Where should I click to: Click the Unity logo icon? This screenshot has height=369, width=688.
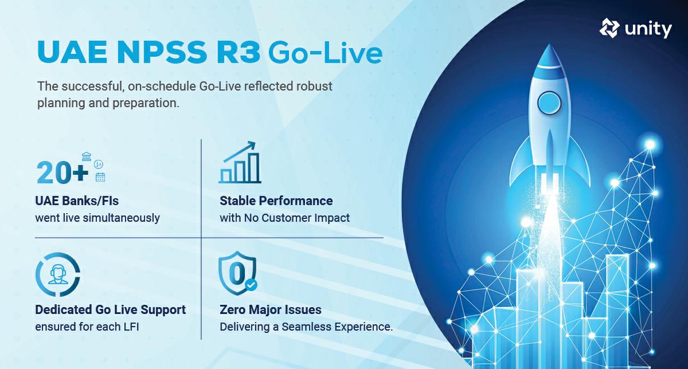click(x=609, y=28)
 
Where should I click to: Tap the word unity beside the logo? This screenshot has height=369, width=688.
click(x=649, y=29)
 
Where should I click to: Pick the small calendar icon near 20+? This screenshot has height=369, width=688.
click(x=100, y=177)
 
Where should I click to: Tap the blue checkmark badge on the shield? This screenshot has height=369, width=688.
click(x=251, y=285)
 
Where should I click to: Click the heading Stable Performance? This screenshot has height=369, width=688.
click(x=276, y=201)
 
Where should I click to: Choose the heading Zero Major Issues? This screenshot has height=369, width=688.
click(x=271, y=310)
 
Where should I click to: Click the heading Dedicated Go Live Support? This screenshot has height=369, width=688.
click(x=111, y=310)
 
